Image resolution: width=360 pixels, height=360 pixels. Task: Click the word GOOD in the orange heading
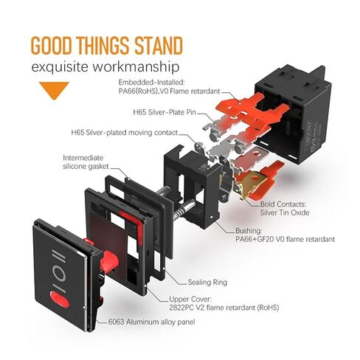click(x=52, y=46)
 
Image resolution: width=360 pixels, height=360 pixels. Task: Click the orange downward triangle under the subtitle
click(x=54, y=90)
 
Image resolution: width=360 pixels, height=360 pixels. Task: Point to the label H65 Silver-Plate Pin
click(x=165, y=112)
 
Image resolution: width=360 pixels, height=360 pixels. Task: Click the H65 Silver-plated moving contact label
click(x=125, y=133)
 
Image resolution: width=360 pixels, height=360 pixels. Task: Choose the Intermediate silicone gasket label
click(x=86, y=162)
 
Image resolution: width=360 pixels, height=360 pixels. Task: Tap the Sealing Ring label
click(x=207, y=282)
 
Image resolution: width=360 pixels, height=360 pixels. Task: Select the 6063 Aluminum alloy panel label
click(x=151, y=322)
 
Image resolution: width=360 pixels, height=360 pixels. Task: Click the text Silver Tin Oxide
click(x=285, y=212)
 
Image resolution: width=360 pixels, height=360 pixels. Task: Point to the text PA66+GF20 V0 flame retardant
click(x=285, y=239)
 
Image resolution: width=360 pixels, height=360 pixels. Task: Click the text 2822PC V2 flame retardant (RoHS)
click(x=224, y=308)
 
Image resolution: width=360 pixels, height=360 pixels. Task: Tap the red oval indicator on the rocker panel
click(x=59, y=299)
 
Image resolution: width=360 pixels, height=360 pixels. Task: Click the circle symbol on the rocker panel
click(x=59, y=274)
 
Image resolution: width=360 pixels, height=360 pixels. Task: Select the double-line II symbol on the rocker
click(x=58, y=256)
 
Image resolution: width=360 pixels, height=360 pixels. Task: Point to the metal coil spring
click(x=180, y=212)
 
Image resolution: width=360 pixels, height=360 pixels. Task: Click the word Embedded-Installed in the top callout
click(x=151, y=82)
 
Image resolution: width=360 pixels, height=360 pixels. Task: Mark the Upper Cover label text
click(x=190, y=300)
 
